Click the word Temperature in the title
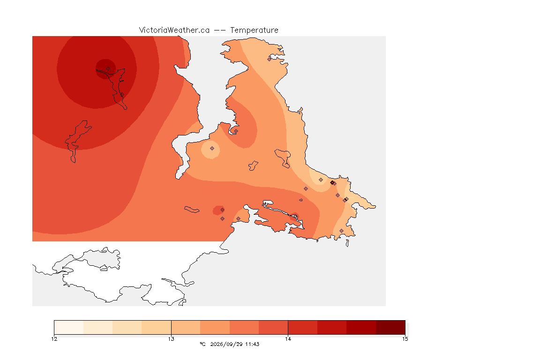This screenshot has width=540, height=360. pos(254,30)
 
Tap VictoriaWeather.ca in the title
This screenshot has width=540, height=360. pos(174,30)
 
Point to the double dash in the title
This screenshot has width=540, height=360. pos(220,30)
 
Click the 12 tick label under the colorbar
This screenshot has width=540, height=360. pos(54,339)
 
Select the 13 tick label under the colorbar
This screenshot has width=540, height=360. pos(171,339)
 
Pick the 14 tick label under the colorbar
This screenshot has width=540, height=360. pos(288,339)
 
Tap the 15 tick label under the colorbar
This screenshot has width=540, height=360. pos(405,339)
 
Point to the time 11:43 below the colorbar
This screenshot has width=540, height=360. pos(252,344)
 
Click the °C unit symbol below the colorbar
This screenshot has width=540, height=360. pos(202,344)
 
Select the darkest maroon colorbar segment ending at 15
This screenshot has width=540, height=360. pos(390,327)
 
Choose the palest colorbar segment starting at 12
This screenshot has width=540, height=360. pos(69,327)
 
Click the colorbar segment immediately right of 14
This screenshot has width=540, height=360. pos(303,327)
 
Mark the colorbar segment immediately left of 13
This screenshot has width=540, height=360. pos(157,327)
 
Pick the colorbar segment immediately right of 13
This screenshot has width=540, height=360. pos(186,327)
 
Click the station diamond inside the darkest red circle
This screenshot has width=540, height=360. pos(108,69)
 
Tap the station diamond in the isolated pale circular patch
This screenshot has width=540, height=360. pos(212,149)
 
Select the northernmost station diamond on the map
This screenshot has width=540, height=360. pos(270,59)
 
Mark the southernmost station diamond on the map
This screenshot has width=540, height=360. pos(341,231)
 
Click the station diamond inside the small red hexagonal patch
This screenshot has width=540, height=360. pos(223,210)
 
